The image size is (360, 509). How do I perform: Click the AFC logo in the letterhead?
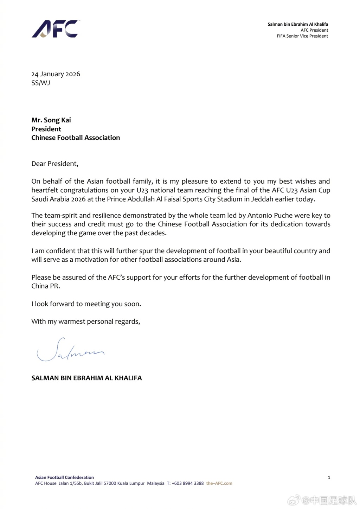56,29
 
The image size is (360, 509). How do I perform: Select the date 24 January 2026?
56,74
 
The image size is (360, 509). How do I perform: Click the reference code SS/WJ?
40,83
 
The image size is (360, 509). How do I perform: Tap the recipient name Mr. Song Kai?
51,120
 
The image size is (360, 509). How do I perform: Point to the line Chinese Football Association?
76,138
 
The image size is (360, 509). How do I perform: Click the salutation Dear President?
55,164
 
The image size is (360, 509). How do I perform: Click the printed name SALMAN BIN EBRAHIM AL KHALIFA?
86,378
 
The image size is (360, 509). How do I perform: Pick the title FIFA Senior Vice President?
302,36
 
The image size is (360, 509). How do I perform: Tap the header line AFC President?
314,30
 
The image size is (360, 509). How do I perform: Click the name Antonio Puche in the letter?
269,215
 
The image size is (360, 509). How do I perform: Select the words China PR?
46,286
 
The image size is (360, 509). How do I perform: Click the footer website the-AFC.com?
219,483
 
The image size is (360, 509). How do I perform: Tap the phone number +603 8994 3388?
188,483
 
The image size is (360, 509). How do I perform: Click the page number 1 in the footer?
329,477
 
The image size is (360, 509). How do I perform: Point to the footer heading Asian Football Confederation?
64,477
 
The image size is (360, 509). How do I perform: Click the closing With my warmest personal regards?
86,322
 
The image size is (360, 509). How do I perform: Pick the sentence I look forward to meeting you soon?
86,304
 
